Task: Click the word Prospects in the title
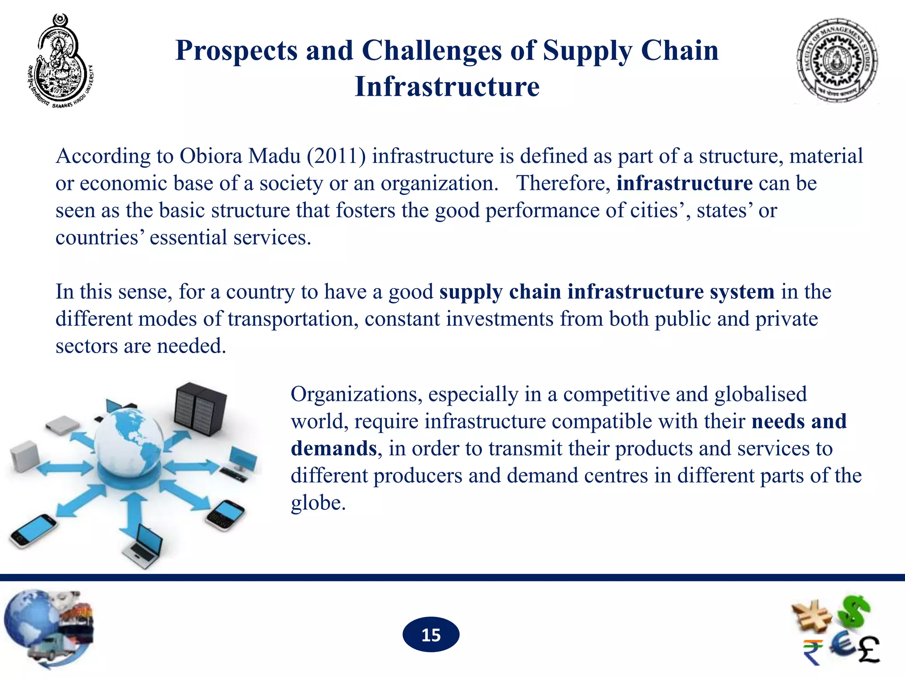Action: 236,50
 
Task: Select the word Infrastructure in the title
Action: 447,87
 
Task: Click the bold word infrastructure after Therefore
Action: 684,183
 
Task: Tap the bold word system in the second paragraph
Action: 742,292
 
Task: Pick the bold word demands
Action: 334,448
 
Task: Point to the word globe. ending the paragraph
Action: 318,503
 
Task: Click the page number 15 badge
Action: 431,635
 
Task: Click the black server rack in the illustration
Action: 200,408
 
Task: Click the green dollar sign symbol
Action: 855,611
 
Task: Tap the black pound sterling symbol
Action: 868,649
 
